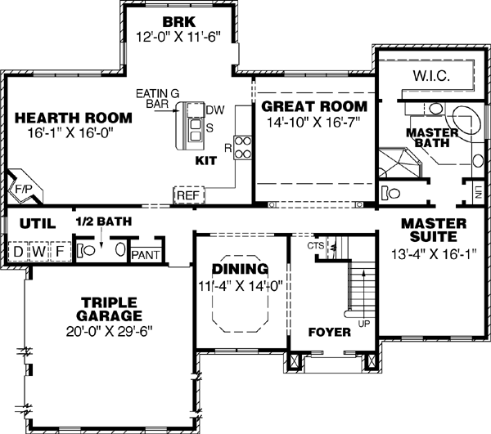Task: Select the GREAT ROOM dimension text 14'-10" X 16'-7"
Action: (313, 122)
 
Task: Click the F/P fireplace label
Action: (22, 188)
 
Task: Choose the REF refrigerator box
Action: (187, 195)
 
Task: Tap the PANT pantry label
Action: (145, 255)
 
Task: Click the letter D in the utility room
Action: (17, 251)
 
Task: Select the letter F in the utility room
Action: (59, 251)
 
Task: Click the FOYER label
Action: (330, 333)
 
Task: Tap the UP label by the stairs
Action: (363, 324)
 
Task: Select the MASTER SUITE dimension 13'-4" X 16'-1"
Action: (434, 253)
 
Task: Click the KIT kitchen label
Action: (205, 161)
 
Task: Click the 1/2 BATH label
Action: (103, 221)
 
